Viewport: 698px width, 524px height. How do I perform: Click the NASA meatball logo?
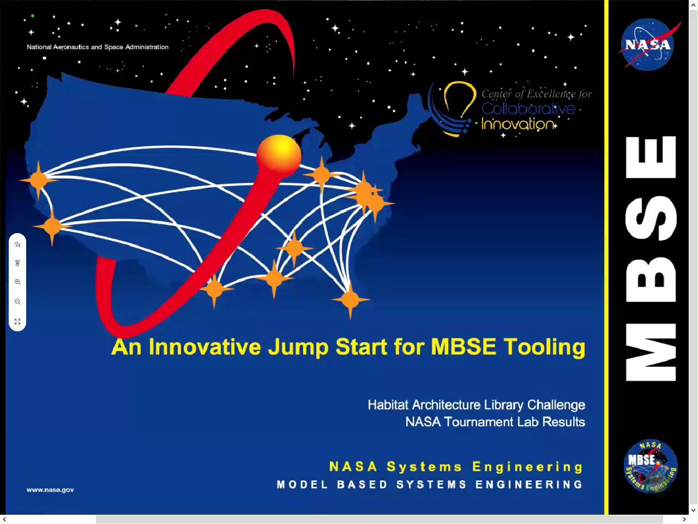[647, 45]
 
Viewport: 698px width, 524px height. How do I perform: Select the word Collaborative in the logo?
[528, 109]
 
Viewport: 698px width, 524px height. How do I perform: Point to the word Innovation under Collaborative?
[517, 124]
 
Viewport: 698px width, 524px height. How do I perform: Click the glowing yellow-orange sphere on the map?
[279, 153]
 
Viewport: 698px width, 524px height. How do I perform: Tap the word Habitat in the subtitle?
[388, 405]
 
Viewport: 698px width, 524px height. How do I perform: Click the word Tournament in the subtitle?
[479, 422]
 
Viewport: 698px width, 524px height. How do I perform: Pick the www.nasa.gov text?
[50, 490]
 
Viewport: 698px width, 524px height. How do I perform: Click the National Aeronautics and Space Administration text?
[98, 47]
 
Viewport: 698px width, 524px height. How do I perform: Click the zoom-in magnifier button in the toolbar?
[17, 282]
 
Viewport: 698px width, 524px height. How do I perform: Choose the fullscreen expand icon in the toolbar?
[17, 321]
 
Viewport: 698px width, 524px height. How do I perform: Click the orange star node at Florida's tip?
[350, 299]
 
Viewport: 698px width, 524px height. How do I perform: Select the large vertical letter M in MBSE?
[651, 352]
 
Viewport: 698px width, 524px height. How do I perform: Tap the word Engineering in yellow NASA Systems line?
[527, 467]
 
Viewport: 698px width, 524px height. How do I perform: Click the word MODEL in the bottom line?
[302, 485]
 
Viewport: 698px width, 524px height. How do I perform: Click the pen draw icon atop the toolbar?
[17, 245]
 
